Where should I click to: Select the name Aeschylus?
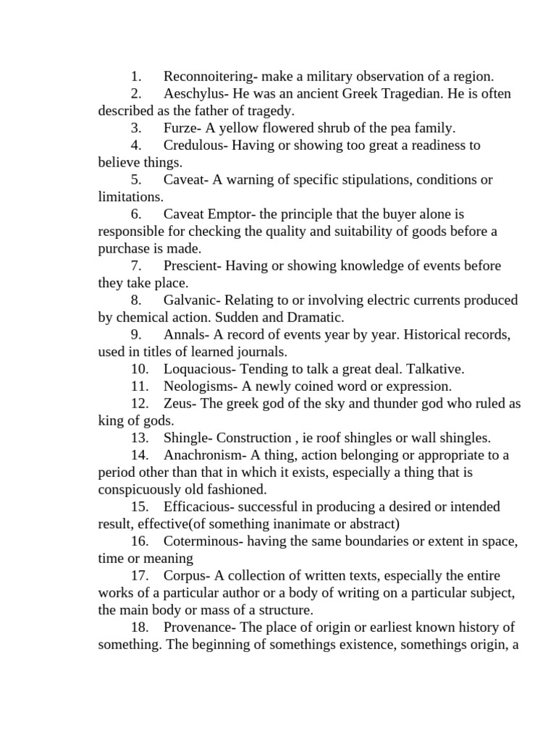[193, 93]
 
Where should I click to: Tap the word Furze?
[180, 128]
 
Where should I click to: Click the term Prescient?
[193, 266]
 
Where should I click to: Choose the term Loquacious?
[197, 369]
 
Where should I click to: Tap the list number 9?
[136, 335]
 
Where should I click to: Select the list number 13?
[140, 438]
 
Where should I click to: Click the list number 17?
[140, 576]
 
